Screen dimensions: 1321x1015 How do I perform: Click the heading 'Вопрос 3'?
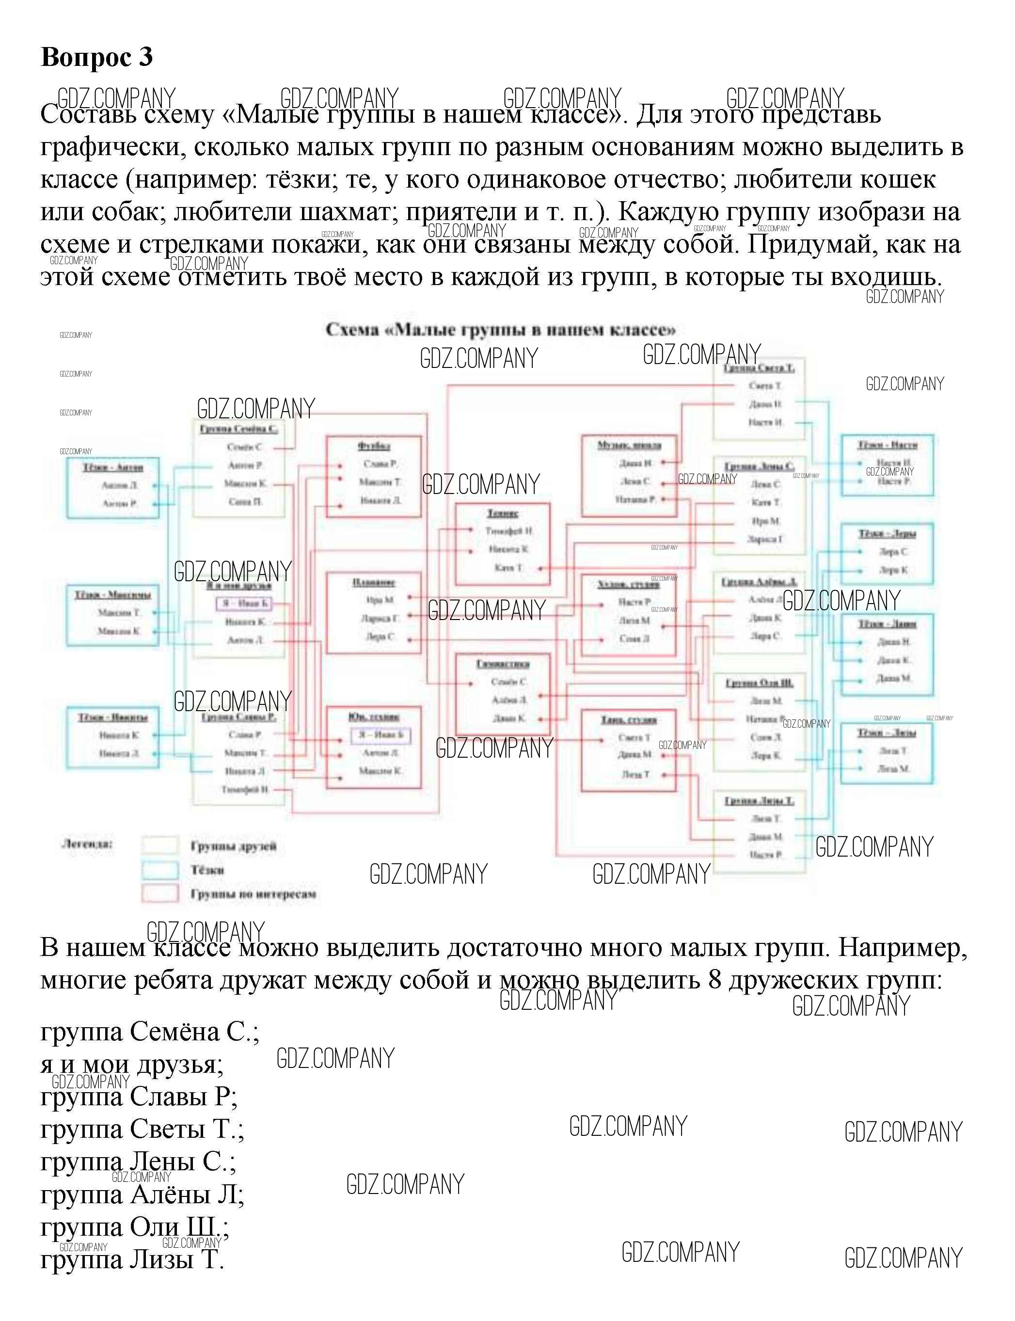(x=96, y=57)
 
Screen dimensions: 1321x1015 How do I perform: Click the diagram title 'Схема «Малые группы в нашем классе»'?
(x=500, y=330)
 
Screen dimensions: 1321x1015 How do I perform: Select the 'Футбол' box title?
(x=374, y=446)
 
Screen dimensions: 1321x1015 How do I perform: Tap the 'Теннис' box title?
(x=503, y=513)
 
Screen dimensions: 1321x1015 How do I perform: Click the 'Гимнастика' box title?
(x=503, y=664)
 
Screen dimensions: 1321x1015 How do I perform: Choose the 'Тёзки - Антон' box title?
(x=113, y=467)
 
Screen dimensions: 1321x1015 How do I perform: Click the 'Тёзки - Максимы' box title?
(x=113, y=595)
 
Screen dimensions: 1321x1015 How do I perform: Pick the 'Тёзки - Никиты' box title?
(x=113, y=717)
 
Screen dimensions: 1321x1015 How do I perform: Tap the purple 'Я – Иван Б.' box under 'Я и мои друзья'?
(x=244, y=603)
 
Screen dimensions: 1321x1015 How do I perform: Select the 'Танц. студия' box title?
(x=629, y=720)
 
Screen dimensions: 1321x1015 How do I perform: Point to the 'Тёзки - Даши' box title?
(x=888, y=623)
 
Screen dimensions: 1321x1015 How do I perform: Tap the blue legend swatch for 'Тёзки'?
(x=160, y=870)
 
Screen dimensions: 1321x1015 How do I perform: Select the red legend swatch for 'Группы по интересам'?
(x=160, y=893)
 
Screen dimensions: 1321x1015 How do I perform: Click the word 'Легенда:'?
(x=88, y=844)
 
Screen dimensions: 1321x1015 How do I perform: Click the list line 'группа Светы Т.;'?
(x=143, y=1128)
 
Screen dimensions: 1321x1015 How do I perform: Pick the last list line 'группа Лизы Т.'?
(x=132, y=1259)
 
